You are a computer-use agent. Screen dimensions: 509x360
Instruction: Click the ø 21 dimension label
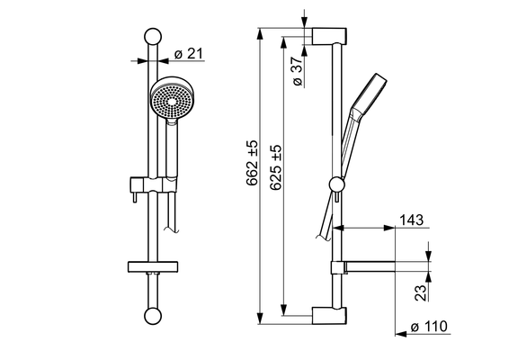pos(188,54)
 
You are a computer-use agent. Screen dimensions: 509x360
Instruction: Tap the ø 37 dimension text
pos(298,71)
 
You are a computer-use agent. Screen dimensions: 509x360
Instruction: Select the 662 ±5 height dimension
pos(252,163)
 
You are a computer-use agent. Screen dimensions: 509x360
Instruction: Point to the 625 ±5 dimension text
pos(275,167)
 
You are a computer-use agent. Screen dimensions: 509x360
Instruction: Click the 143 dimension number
pos(411,220)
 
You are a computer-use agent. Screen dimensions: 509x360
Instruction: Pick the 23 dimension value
pos(420,292)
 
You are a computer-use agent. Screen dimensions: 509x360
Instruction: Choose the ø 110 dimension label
pos(429,326)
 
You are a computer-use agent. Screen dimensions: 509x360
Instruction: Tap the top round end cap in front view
pos(153,36)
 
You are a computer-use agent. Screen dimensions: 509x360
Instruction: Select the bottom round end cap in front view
pos(153,316)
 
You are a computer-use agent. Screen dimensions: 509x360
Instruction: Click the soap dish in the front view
pos(153,266)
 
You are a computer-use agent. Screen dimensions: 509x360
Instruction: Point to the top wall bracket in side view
pos(329,36)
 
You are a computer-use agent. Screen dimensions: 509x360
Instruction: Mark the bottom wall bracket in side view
pos(329,316)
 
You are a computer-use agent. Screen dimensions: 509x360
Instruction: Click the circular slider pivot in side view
pos(336,184)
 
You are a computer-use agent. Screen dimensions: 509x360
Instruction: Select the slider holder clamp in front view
pos(154,184)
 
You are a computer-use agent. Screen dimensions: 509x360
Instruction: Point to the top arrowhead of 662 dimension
pos(260,34)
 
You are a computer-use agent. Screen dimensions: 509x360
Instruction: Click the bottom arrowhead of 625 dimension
pos(284,310)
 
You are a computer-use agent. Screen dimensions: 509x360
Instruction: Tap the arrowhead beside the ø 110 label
pos(401,334)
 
